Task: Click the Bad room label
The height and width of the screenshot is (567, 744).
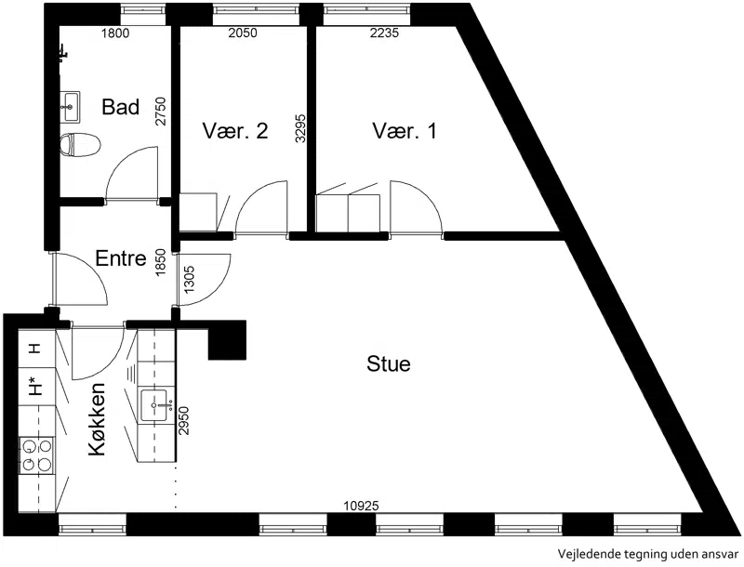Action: tap(121, 107)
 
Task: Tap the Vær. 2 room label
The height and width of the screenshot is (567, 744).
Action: tap(235, 131)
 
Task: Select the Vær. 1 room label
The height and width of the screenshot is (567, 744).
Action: tap(405, 131)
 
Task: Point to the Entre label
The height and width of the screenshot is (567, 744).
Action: tap(121, 258)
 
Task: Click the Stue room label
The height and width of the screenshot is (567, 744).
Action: tap(389, 364)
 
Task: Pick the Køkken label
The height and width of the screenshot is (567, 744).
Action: tap(97, 419)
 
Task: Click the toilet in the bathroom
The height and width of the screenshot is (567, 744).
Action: tap(80, 144)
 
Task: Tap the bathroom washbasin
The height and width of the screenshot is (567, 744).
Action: tap(71, 107)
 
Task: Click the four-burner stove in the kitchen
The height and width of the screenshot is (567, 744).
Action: tap(37, 455)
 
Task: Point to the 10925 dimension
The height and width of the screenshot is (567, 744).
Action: tap(362, 507)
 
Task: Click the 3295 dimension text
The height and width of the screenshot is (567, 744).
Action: tap(299, 128)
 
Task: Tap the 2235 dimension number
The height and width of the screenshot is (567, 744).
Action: tap(384, 33)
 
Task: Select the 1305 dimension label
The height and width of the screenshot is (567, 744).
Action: tap(189, 279)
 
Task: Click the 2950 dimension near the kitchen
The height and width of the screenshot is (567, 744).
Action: tap(183, 420)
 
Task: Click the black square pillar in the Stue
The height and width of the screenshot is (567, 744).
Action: tap(227, 340)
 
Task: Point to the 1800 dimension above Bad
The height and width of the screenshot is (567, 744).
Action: tap(115, 33)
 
